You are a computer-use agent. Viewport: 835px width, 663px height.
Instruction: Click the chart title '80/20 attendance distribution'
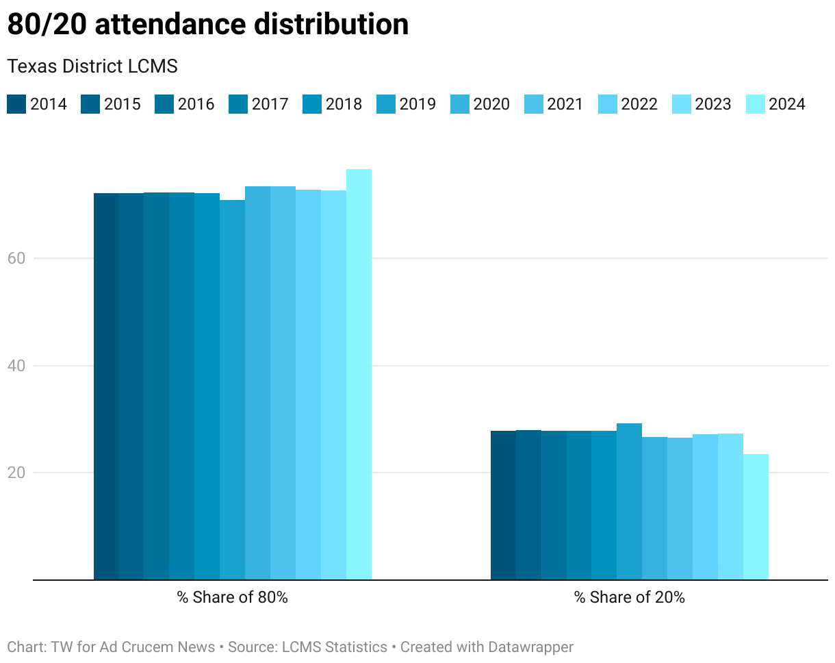pos(207,25)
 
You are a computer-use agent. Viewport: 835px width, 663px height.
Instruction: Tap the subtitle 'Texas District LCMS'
pos(92,66)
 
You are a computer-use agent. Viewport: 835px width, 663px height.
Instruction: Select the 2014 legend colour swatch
pos(16,104)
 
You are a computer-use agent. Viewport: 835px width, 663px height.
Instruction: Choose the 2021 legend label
pos(565,104)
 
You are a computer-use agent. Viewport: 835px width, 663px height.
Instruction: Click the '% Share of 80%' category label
pos(233,597)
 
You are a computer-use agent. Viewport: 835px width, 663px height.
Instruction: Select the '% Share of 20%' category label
pos(630,597)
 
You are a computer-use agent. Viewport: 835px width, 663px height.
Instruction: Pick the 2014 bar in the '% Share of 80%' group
pos(106,386)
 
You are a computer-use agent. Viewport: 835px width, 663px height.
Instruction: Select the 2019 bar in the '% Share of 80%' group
pos(232,390)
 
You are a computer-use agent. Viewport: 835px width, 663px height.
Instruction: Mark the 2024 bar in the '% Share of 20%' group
pos(756,517)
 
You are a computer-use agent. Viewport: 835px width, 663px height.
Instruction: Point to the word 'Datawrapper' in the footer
pos(530,647)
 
